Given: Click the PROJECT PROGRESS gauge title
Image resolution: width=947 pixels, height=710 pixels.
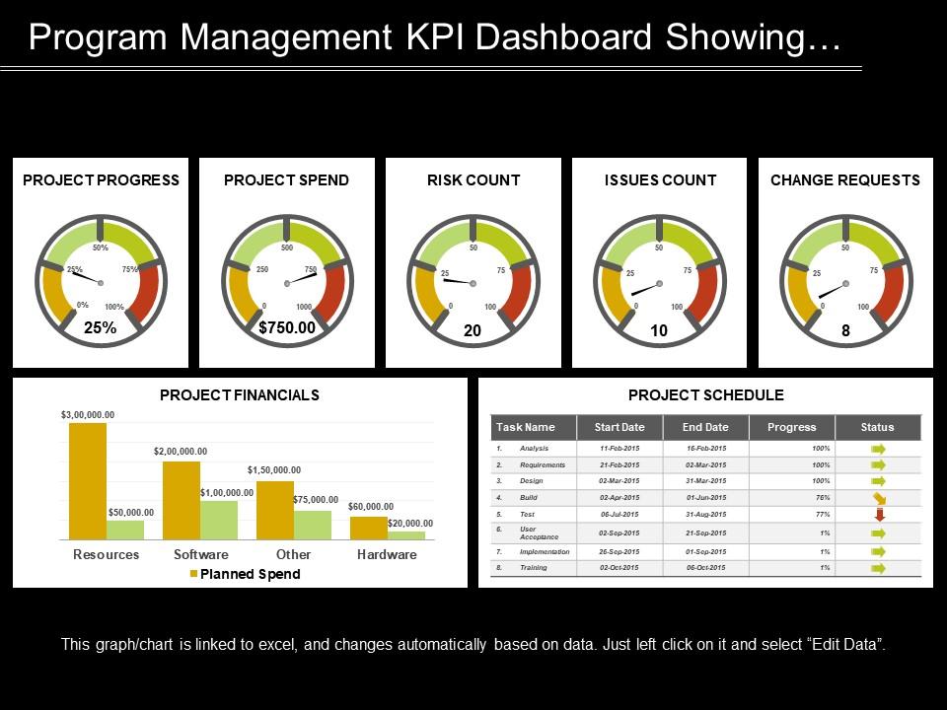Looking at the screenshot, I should point(101,179).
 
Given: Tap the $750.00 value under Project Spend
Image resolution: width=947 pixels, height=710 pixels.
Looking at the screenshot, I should point(286,328).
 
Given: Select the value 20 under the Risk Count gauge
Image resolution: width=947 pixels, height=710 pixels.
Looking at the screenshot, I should point(473,332).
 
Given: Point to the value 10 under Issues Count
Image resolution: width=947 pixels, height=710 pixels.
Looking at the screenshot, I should point(659,332).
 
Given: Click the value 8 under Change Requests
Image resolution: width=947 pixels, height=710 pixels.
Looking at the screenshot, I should point(845,332).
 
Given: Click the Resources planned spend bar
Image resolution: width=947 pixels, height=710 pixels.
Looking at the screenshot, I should point(88,481).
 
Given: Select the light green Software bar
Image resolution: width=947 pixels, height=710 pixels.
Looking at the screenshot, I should point(219,520).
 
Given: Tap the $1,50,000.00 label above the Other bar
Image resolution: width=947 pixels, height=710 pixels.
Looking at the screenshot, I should point(274,470).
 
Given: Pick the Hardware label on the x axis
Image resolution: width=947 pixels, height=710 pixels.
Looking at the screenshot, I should point(387,554).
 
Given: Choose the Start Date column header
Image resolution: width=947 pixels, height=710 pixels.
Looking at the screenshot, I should point(619,427).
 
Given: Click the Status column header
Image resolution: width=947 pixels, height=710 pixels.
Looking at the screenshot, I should point(877,427).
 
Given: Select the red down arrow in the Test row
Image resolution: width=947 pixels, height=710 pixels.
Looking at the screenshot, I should point(879,514).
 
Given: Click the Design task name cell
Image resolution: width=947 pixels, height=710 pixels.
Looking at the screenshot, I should point(532,480).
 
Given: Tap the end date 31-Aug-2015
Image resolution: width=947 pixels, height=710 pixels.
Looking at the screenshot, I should point(704,514).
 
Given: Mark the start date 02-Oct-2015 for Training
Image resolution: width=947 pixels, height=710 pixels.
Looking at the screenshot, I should point(619,568).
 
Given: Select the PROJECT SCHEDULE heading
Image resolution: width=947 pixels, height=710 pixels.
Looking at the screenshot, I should point(705,395).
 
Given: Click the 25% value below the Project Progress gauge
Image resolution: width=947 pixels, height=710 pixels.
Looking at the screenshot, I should point(100,328).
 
